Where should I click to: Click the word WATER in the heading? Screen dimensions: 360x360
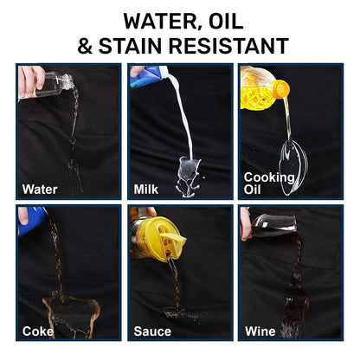tap(159, 21)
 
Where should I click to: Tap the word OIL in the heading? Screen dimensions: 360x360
tap(226, 21)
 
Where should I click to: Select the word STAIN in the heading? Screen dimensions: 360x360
tap(131, 46)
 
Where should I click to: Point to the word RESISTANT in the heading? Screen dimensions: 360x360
tap(228, 46)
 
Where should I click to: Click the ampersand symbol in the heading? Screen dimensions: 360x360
tap(85, 46)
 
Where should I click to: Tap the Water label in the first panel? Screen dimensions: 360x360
tap(40, 190)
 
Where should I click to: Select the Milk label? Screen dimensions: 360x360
tap(146, 190)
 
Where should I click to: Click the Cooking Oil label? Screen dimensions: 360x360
tap(269, 183)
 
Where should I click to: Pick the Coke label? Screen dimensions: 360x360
tap(38, 331)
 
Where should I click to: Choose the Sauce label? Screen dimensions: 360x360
tap(152, 331)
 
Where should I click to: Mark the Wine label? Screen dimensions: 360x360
tap(260, 331)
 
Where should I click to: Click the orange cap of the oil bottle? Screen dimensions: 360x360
tap(280, 88)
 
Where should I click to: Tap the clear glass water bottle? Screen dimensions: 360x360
tap(54, 84)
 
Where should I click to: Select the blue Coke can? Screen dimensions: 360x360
tap(32, 221)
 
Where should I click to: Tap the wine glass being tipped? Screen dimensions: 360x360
tap(273, 225)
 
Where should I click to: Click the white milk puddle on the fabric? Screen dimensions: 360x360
tap(189, 177)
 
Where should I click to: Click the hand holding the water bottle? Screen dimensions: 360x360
tap(31, 81)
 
